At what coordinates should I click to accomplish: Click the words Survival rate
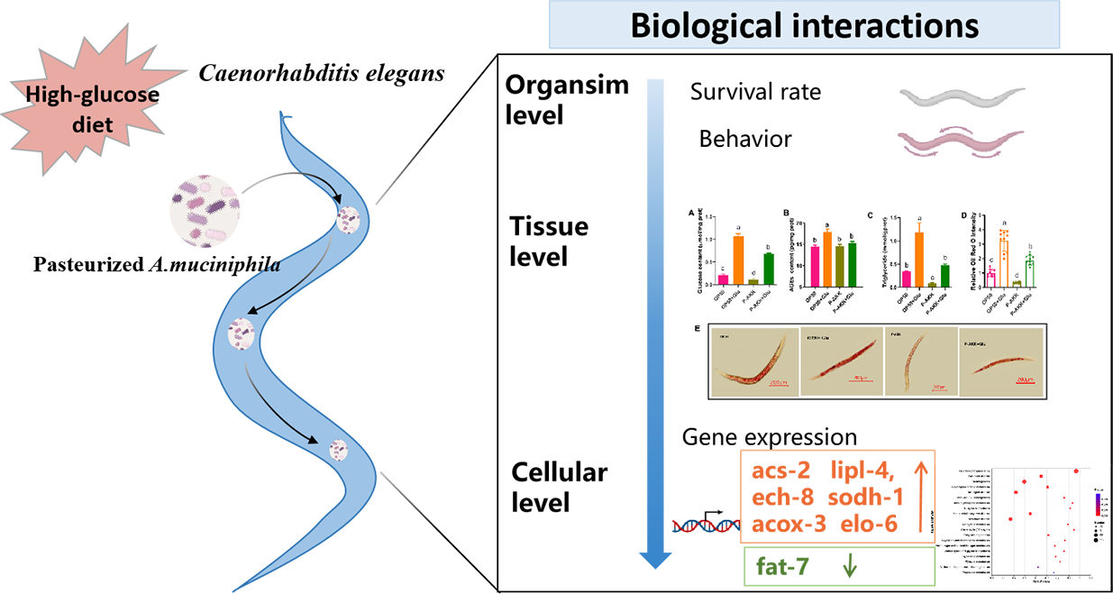click(x=756, y=93)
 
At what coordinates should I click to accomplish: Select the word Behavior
click(x=745, y=140)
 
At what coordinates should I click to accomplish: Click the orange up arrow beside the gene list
click(x=920, y=497)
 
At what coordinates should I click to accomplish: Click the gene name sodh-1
click(x=874, y=497)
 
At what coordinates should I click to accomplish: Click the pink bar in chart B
click(x=815, y=265)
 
